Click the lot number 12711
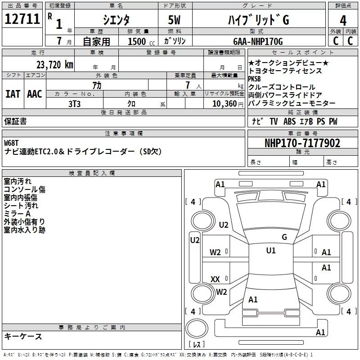click(x=22, y=19)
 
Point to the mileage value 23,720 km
click(x=54, y=65)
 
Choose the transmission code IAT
click(x=13, y=94)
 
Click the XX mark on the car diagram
click(x=215, y=279)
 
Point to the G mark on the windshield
click(x=284, y=237)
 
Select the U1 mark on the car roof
click(x=270, y=251)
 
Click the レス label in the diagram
click(x=196, y=345)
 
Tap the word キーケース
click(x=23, y=336)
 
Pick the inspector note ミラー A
click(x=17, y=214)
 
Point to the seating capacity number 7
click(x=187, y=85)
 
